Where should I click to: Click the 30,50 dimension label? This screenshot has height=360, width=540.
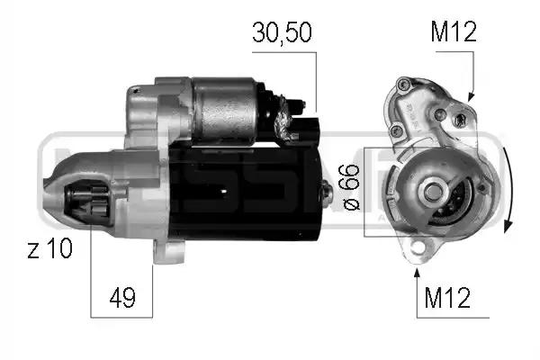tap(282, 32)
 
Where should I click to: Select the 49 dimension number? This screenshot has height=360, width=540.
tap(122, 297)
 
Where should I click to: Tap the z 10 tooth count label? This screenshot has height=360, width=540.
tap(49, 248)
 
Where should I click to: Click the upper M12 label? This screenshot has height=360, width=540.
tap(454, 31)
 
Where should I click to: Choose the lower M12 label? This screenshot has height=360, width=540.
tap(447, 297)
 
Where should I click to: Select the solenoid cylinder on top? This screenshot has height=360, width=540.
tap(224, 110)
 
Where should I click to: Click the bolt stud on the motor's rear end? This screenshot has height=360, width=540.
tap(327, 193)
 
